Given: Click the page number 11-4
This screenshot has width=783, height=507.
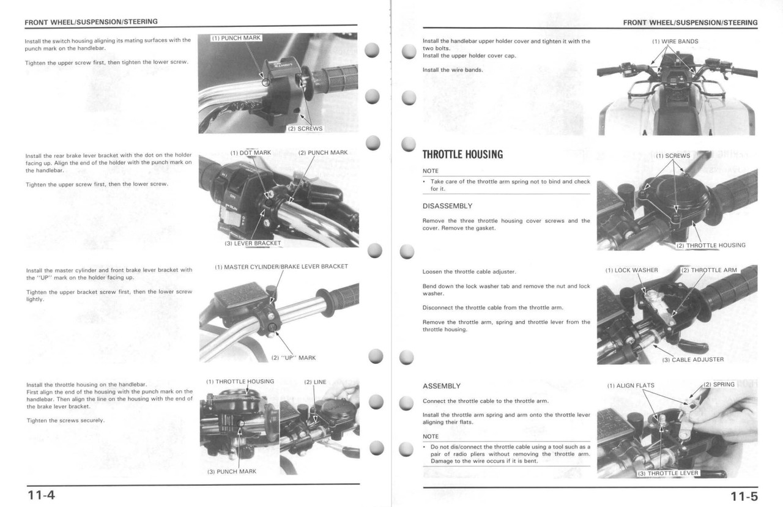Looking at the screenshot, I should pyautogui.click(x=40, y=494).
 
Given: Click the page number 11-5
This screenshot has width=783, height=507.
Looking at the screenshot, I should pyautogui.click(x=743, y=495).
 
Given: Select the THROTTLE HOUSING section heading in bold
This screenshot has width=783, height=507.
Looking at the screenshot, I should pyautogui.click(x=462, y=155).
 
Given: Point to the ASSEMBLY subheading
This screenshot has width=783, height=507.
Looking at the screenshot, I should pyautogui.click(x=442, y=387).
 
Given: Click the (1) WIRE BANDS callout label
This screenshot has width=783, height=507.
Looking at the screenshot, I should pyautogui.click(x=675, y=42).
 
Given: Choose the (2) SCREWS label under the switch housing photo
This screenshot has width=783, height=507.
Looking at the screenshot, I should pyautogui.click(x=305, y=129).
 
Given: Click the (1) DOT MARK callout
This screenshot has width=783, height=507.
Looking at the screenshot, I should pyautogui.click(x=251, y=153).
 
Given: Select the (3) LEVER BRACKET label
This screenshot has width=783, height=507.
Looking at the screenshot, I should pyautogui.click(x=253, y=243).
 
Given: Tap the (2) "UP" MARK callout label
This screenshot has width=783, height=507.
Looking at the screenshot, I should pyautogui.click(x=294, y=358).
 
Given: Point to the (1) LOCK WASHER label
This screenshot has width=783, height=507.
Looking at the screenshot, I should pyautogui.click(x=632, y=270).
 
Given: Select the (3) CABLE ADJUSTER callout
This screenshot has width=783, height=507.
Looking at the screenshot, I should pyautogui.click(x=692, y=360).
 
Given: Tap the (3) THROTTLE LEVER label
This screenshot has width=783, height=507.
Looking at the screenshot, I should pyautogui.click(x=667, y=473).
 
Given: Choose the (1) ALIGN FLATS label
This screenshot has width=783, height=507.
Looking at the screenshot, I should pyautogui.click(x=631, y=386).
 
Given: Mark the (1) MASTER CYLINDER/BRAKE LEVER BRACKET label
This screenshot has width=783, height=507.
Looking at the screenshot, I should pyautogui.click(x=281, y=267).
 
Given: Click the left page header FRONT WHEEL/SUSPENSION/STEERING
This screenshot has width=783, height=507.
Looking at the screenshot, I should pyautogui.click(x=91, y=22).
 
